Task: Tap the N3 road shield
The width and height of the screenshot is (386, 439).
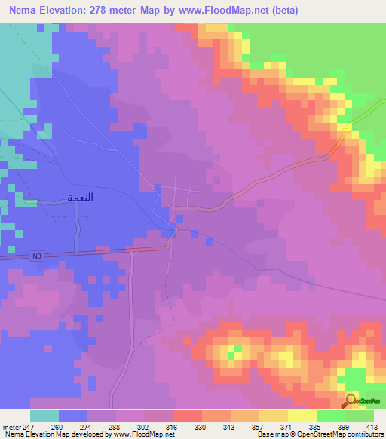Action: click(x=37, y=256)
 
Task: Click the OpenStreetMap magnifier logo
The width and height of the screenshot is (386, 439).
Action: click(x=351, y=400)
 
